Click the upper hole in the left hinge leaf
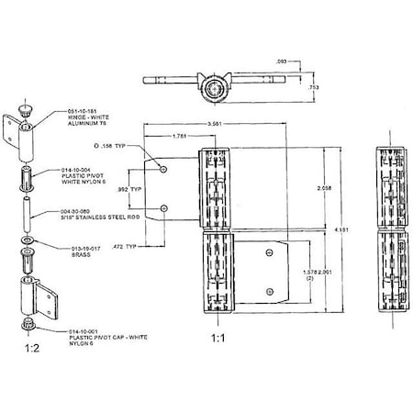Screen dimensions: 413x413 (162, 170)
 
